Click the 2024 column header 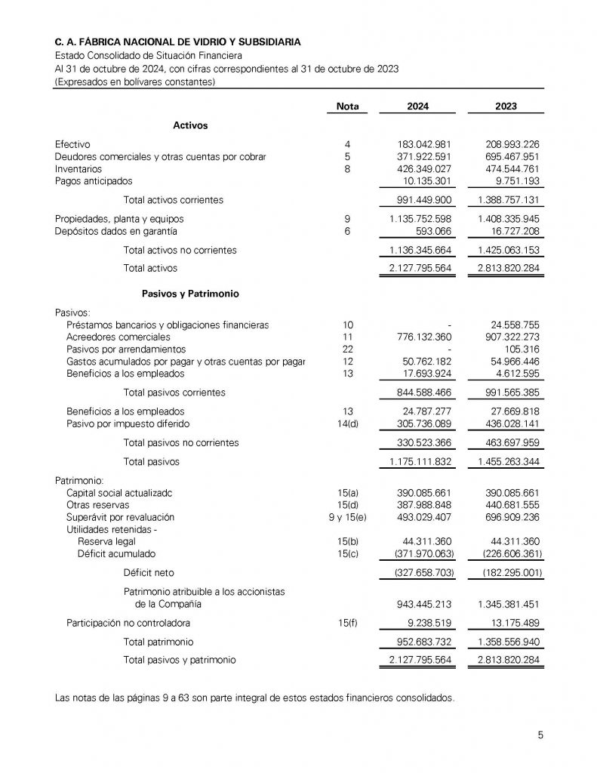click(x=417, y=106)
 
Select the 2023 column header click(x=506, y=106)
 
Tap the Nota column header click(x=347, y=106)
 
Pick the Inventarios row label click(x=78, y=168)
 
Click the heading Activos click(x=190, y=125)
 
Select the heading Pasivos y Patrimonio click(x=190, y=292)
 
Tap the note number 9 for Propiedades click(x=347, y=218)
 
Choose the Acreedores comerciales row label click(x=118, y=337)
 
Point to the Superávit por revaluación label click(x=120, y=517)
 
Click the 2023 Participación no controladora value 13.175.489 click(x=511, y=623)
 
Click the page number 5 click(x=540, y=733)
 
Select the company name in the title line click(x=181, y=44)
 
